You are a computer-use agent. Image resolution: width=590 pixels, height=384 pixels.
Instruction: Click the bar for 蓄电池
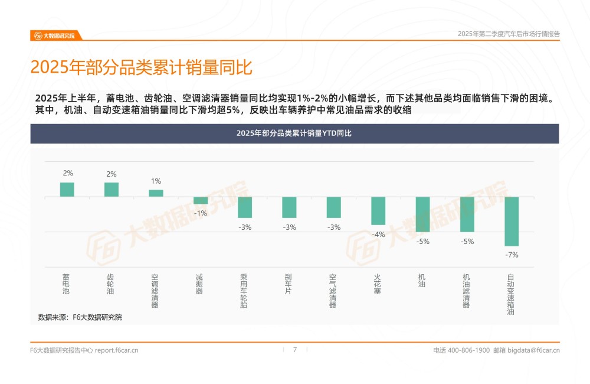tap(67, 190)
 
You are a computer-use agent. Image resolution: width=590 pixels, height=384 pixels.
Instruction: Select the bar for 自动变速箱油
tap(512, 221)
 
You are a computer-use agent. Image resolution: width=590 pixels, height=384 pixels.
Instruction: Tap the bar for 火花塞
tap(378, 210)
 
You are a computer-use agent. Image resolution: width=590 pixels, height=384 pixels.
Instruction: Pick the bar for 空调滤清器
tap(156, 193)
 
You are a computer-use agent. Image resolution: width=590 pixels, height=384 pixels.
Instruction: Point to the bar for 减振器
tap(201, 200)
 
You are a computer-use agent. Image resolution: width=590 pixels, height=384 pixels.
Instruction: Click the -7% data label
tap(512, 255)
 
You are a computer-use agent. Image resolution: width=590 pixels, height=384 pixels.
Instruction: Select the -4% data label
tap(378, 234)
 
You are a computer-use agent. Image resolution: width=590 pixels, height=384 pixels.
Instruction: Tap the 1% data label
tap(156, 181)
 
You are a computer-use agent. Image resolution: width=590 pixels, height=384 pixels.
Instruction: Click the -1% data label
tap(201, 213)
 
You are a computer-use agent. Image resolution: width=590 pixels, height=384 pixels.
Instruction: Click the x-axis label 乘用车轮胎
tap(245, 290)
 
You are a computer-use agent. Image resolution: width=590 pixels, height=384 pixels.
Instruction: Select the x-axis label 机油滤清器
tap(467, 290)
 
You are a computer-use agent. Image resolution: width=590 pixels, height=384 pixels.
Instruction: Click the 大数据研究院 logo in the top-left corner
tap(55, 35)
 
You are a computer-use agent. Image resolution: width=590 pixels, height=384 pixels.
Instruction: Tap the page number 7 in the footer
tap(295, 350)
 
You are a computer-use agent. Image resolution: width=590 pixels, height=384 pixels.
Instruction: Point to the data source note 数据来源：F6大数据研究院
tap(80, 317)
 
